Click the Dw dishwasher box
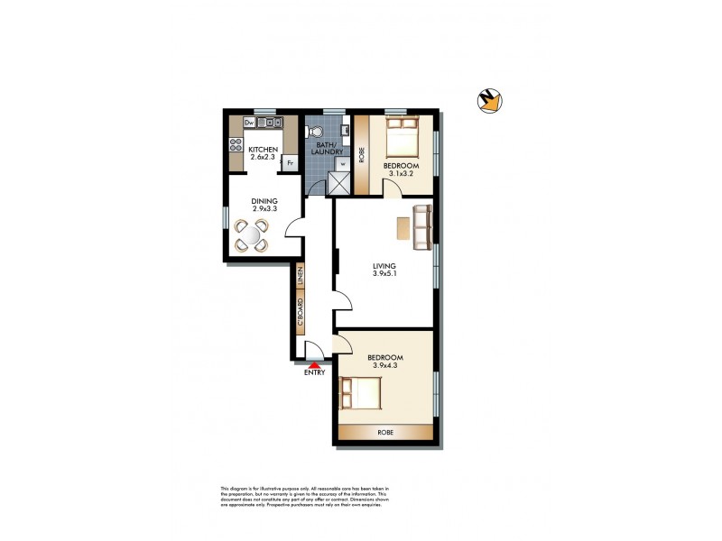[234, 123]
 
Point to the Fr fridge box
[290, 163]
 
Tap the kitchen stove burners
[236, 143]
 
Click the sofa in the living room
[422, 227]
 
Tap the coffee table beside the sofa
[401, 233]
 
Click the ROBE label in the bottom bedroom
[384, 433]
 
